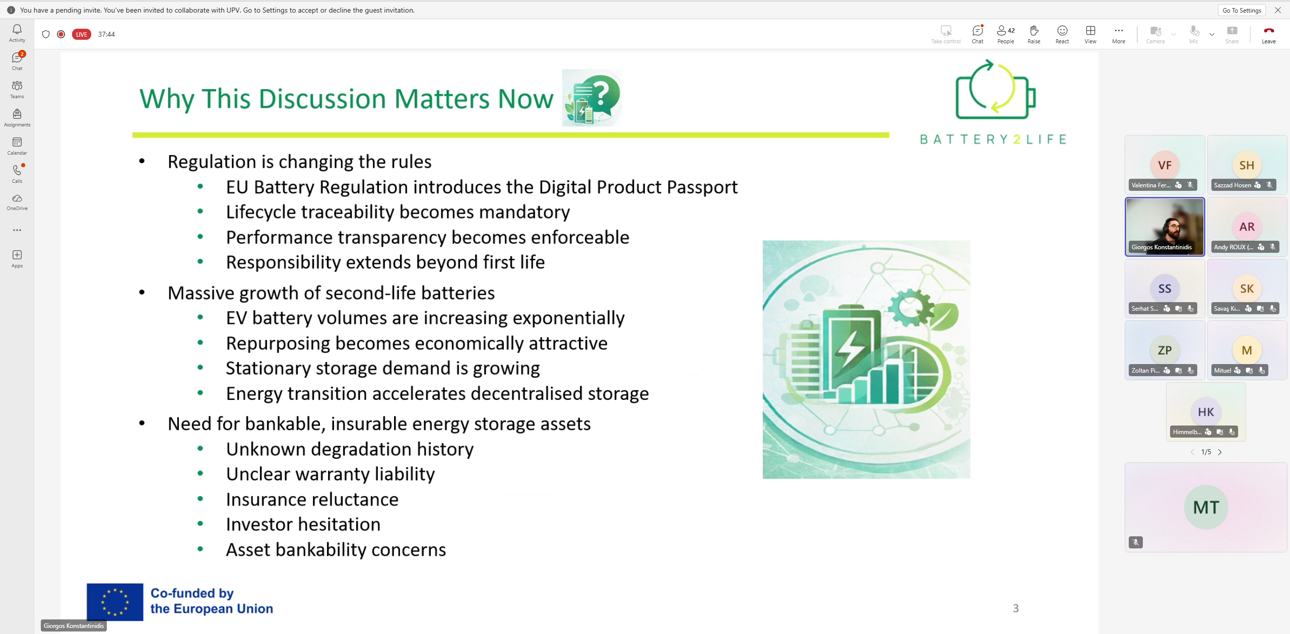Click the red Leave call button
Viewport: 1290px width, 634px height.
point(1268,34)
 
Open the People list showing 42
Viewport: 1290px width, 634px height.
point(1005,34)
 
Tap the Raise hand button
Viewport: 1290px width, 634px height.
point(1034,34)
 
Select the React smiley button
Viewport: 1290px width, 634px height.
point(1062,34)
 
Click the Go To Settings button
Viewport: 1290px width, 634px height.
point(1242,10)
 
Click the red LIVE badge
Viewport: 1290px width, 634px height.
point(82,34)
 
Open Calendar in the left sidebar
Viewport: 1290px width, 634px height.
point(17,146)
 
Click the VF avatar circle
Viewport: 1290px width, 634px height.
point(1165,165)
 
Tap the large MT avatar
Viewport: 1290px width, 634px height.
point(1206,507)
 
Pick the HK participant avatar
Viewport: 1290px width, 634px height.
point(1206,412)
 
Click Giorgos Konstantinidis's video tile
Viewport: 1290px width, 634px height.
point(1165,227)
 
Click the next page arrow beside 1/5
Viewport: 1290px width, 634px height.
point(1220,452)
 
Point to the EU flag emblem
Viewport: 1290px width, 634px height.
point(115,602)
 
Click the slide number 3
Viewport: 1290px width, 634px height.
point(1015,608)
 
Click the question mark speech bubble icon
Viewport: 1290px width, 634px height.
point(592,98)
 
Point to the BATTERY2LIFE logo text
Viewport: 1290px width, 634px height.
point(993,139)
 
